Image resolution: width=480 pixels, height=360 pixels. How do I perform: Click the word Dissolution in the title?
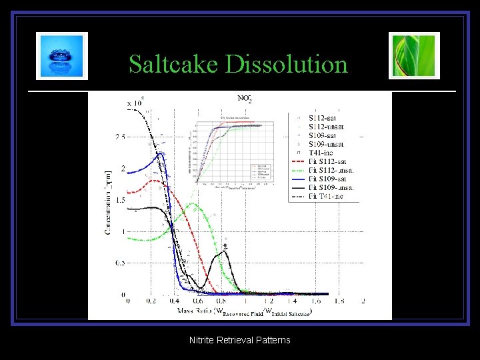(287, 65)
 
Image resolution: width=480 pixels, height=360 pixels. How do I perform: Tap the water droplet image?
(62, 56)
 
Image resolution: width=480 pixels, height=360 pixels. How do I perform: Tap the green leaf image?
(414, 56)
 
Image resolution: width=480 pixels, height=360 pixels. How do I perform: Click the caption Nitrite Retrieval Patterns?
(240, 340)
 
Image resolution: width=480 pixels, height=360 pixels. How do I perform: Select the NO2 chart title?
(245, 99)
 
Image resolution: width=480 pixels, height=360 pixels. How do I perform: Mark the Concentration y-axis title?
(108, 200)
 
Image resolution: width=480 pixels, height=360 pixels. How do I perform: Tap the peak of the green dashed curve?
(193, 204)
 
